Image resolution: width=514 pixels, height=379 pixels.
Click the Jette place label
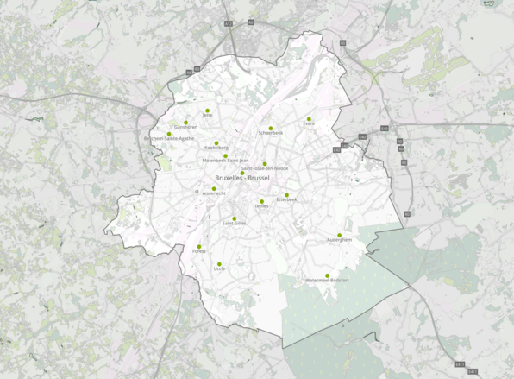click(x=207, y=114)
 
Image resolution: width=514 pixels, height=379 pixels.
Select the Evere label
click(x=309, y=123)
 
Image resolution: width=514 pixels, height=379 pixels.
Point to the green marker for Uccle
click(x=219, y=264)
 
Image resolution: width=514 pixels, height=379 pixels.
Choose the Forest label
click(x=199, y=251)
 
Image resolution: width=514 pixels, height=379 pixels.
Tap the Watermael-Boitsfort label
click(x=327, y=281)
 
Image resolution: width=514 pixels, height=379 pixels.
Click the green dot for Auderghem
click(x=339, y=235)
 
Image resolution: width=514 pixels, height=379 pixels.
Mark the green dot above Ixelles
click(x=262, y=201)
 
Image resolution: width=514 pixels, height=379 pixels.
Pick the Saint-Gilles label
click(x=234, y=223)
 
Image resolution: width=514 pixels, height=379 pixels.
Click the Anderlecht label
click(x=214, y=193)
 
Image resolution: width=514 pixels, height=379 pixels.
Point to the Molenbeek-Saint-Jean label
click(x=226, y=161)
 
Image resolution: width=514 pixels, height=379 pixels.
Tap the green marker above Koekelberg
click(x=216, y=142)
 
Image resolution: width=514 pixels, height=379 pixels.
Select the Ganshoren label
click(x=185, y=127)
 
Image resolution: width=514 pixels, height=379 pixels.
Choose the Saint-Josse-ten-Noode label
click(x=265, y=168)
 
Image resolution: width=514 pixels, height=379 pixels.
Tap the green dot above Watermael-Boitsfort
click(x=327, y=275)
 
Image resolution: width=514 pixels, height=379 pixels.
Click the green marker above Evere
click(x=309, y=118)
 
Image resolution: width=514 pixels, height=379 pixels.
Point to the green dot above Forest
click(x=199, y=246)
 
